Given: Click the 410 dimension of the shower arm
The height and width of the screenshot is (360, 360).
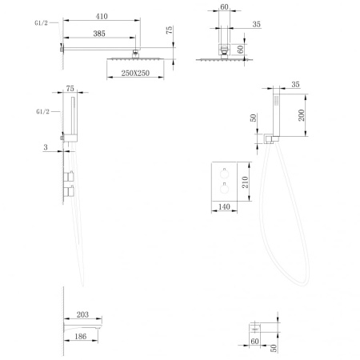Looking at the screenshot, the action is click(x=102, y=17).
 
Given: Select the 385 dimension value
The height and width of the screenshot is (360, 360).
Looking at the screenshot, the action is click(x=99, y=34).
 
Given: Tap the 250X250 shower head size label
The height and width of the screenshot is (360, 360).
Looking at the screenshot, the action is click(x=135, y=73).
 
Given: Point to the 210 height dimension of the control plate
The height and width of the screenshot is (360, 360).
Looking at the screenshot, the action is click(x=245, y=182).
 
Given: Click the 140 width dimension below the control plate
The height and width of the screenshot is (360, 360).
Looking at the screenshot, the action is click(x=224, y=206).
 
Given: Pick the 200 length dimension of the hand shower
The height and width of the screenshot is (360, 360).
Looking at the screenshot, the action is click(x=302, y=115).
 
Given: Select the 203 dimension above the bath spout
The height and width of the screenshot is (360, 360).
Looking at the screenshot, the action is click(x=82, y=314).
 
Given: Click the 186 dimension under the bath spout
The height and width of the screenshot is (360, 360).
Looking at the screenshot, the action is click(x=81, y=336).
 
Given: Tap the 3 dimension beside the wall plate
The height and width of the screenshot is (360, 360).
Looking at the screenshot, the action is click(x=46, y=147).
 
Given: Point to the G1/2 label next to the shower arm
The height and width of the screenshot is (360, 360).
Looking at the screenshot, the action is click(x=41, y=23).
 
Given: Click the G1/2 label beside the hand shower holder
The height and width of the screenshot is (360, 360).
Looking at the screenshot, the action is click(x=42, y=111).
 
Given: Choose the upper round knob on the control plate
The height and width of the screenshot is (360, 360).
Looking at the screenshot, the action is click(x=224, y=174).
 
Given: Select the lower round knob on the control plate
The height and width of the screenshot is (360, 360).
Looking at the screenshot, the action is click(x=224, y=189).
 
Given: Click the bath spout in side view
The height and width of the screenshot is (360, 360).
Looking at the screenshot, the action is click(x=82, y=326).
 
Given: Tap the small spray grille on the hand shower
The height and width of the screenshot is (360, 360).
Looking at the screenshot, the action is click(x=277, y=100).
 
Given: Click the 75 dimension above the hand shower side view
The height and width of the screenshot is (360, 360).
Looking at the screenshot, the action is click(x=70, y=88).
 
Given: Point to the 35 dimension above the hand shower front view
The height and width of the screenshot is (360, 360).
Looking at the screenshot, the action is click(x=295, y=84).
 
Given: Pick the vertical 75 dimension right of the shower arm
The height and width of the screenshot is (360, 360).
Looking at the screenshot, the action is click(x=169, y=30).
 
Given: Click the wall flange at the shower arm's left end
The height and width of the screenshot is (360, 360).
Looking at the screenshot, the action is click(x=62, y=50).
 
